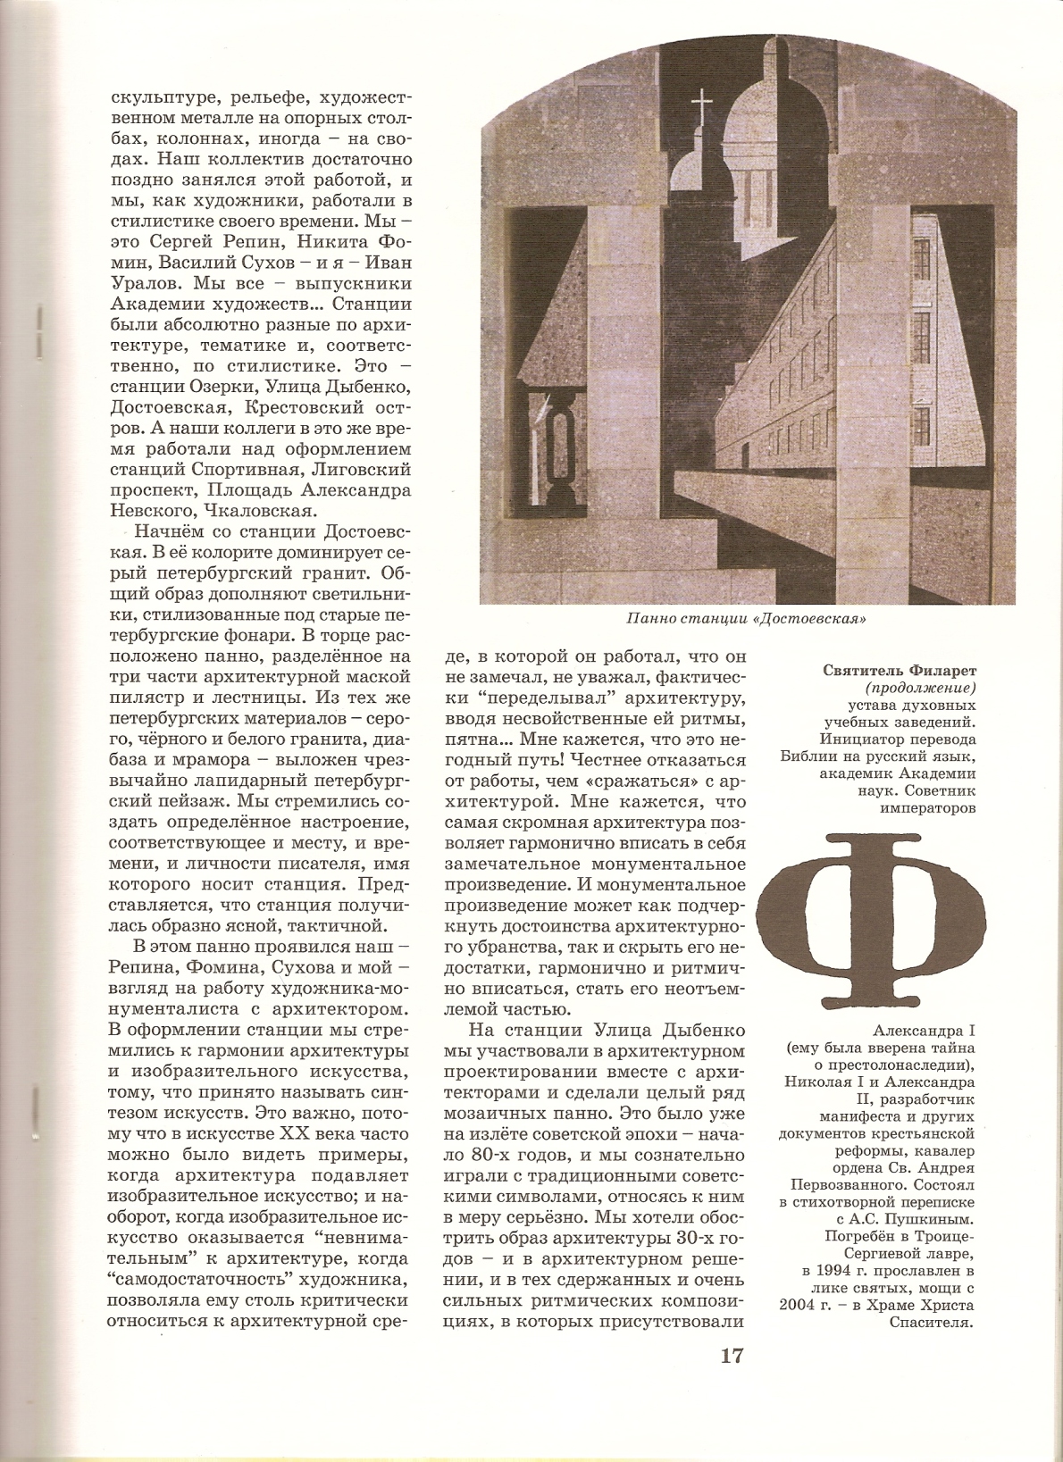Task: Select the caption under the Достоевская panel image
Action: click(x=748, y=618)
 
